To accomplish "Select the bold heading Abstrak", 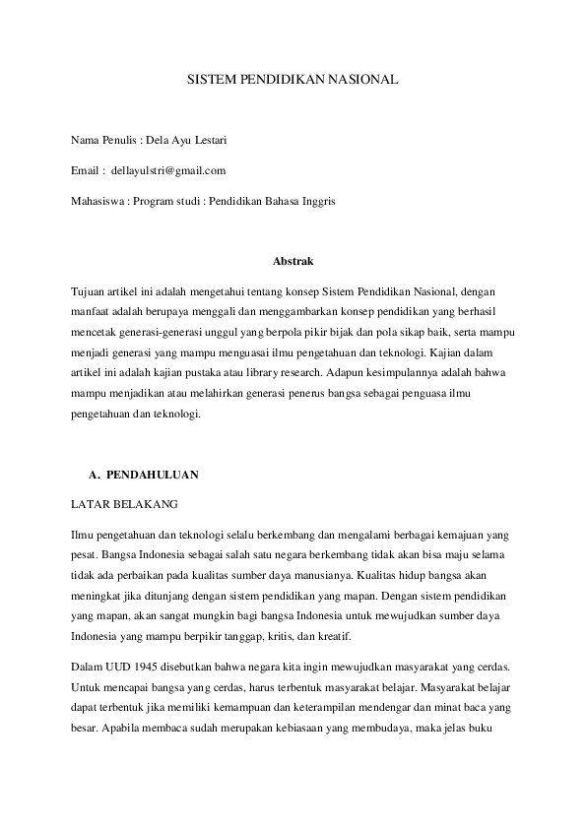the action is click(x=293, y=261).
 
